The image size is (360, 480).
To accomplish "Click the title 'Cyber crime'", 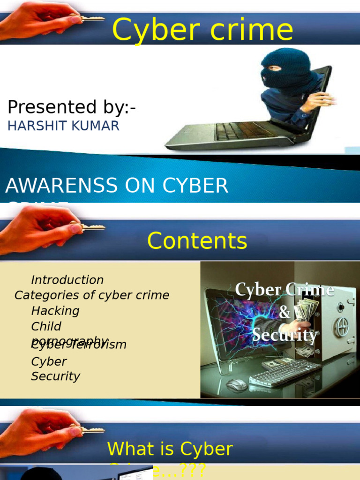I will pyautogui.click(x=202, y=30).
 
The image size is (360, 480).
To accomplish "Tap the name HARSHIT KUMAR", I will pyautogui.click(x=64, y=126).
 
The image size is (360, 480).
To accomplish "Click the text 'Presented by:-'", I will pyautogui.click(x=72, y=107).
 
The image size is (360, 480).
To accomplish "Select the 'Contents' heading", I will pyautogui.click(x=197, y=241).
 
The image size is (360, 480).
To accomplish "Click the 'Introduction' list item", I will pyautogui.click(x=67, y=280).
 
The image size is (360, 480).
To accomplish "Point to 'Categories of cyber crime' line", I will pyautogui.click(x=92, y=295).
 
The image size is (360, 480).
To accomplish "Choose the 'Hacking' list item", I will pyautogui.click(x=55, y=311).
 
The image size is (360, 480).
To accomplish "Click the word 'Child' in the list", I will pyautogui.click(x=46, y=326).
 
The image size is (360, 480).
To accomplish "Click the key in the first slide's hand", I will pyautogui.click(x=91, y=19).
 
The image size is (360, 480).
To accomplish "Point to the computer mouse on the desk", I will pyautogui.click(x=236, y=385).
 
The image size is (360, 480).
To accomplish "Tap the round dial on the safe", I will pyautogui.click(x=341, y=327).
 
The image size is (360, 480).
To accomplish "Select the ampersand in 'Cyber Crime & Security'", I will pyautogui.click(x=285, y=313).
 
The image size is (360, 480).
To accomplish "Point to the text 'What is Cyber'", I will pyautogui.click(x=170, y=449).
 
